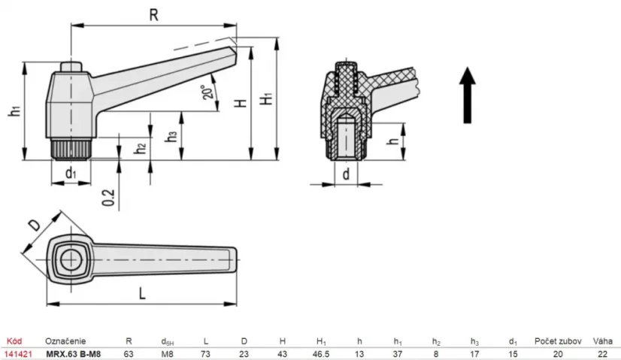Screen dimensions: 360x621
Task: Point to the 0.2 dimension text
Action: (110, 197)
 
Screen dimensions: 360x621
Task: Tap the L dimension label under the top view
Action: (141, 294)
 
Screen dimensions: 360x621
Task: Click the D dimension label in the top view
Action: (35, 226)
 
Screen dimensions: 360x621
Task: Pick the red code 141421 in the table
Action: (18, 353)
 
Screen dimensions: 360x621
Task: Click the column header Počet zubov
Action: (555, 340)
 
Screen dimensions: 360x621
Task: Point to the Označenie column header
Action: (65, 340)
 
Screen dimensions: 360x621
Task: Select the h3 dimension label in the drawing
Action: (172, 136)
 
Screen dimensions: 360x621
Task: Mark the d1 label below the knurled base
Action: (70, 174)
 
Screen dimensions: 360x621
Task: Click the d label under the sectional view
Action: (344, 174)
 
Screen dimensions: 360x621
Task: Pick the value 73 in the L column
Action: (206, 353)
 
